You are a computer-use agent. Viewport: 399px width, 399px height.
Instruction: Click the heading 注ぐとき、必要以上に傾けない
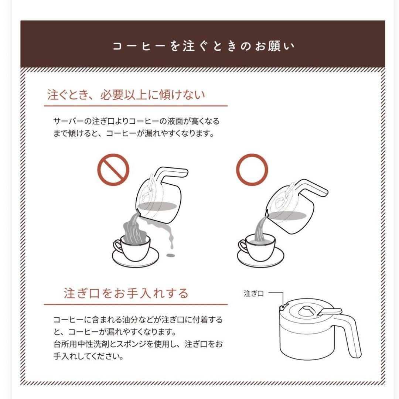pyautogui.click(x=126, y=95)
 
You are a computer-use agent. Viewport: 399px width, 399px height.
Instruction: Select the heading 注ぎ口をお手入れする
pyautogui.click(x=126, y=293)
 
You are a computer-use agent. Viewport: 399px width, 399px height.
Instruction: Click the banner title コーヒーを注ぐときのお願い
pyautogui.click(x=204, y=46)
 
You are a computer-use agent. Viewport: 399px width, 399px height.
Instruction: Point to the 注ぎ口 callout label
pyautogui.click(x=254, y=294)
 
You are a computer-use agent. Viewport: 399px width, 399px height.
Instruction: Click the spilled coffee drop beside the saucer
pyautogui.click(x=171, y=255)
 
